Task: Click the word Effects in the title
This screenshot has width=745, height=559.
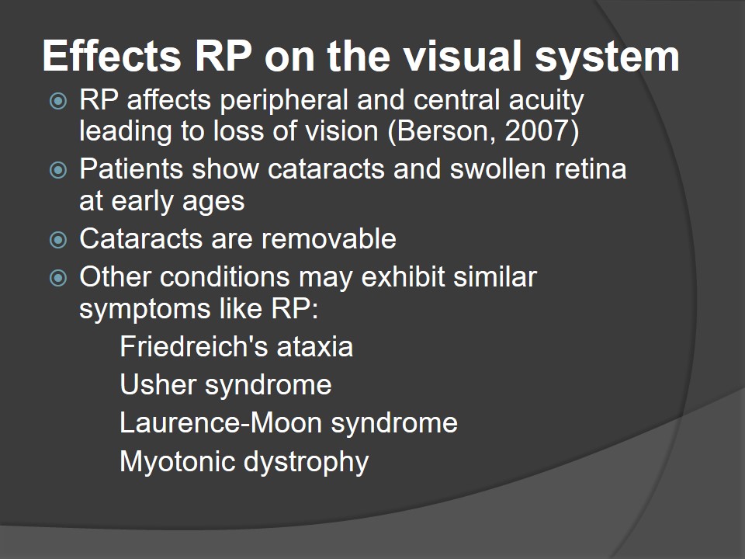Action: click(x=112, y=56)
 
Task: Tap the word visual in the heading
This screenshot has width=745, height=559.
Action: click(x=463, y=56)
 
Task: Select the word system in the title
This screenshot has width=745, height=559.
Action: click(x=607, y=59)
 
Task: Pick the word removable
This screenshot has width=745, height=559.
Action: click(x=329, y=238)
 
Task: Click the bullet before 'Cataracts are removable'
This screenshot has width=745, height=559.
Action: click(x=58, y=240)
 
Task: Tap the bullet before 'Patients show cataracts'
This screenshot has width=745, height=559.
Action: click(x=58, y=170)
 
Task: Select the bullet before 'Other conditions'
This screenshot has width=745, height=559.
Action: click(x=58, y=278)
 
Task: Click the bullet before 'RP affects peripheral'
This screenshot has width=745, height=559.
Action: click(x=58, y=101)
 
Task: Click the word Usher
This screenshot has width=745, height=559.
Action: click(x=158, y=384)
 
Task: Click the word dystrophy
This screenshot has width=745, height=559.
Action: click(x=307, y=462)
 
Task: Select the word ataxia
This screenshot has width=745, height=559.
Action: click(x=315, y=346)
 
